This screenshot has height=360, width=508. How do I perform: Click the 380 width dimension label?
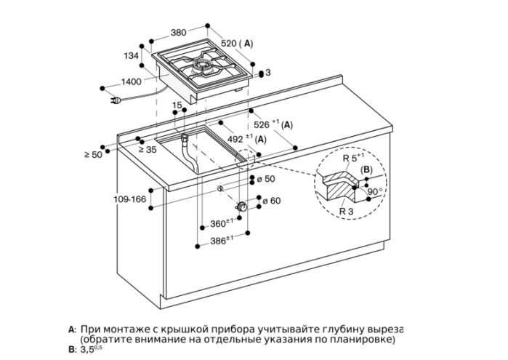click(x=179, y=33)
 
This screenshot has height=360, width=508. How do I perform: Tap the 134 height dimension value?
click(x=132, y=56)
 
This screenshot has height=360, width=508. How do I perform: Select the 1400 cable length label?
click(x=132, y=81)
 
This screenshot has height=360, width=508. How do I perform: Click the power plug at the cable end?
click(x=116, y=101)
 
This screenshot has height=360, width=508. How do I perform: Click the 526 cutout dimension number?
click(x=262, y=124)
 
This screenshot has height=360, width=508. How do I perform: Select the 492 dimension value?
click(x=235, y=139)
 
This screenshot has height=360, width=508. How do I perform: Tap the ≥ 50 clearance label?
click(x=93, y=155)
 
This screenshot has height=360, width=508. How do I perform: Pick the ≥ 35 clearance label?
click(x=148, y=150)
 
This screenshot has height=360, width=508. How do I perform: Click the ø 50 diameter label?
click(x=266, y=179)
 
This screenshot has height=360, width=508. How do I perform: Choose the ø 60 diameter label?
click(x=272, y=201)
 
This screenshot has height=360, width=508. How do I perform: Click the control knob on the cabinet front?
click(x=242, y=206)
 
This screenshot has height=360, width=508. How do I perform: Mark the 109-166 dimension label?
click(x=130, y=199)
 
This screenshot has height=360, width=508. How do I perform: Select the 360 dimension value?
click(x=218, y=224)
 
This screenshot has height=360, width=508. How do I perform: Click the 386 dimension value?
click(x=218, y=241)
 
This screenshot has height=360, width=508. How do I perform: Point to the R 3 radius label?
click(x=347, y=212)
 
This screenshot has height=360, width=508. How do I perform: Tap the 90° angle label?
click(x=375, y=191)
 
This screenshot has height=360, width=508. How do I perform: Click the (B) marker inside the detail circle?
click(x=366, y=169)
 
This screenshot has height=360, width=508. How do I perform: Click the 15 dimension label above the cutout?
click(x=177, y=105)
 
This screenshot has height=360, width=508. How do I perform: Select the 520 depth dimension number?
click(x=229, y=43)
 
